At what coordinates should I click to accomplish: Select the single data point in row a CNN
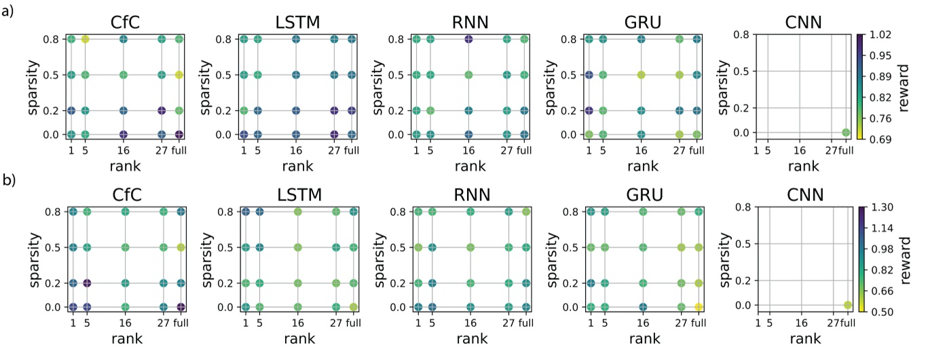(845, 132)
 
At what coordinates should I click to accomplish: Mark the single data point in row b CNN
(847, 305)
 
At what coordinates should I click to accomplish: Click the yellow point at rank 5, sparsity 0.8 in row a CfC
(86, 39)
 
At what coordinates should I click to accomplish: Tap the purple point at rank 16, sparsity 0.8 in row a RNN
(468, 39)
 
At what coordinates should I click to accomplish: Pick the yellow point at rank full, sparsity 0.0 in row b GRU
(697, 307)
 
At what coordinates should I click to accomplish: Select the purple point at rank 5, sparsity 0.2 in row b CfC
(86, 283)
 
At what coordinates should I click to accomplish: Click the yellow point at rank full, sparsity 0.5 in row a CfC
(179, 75)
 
